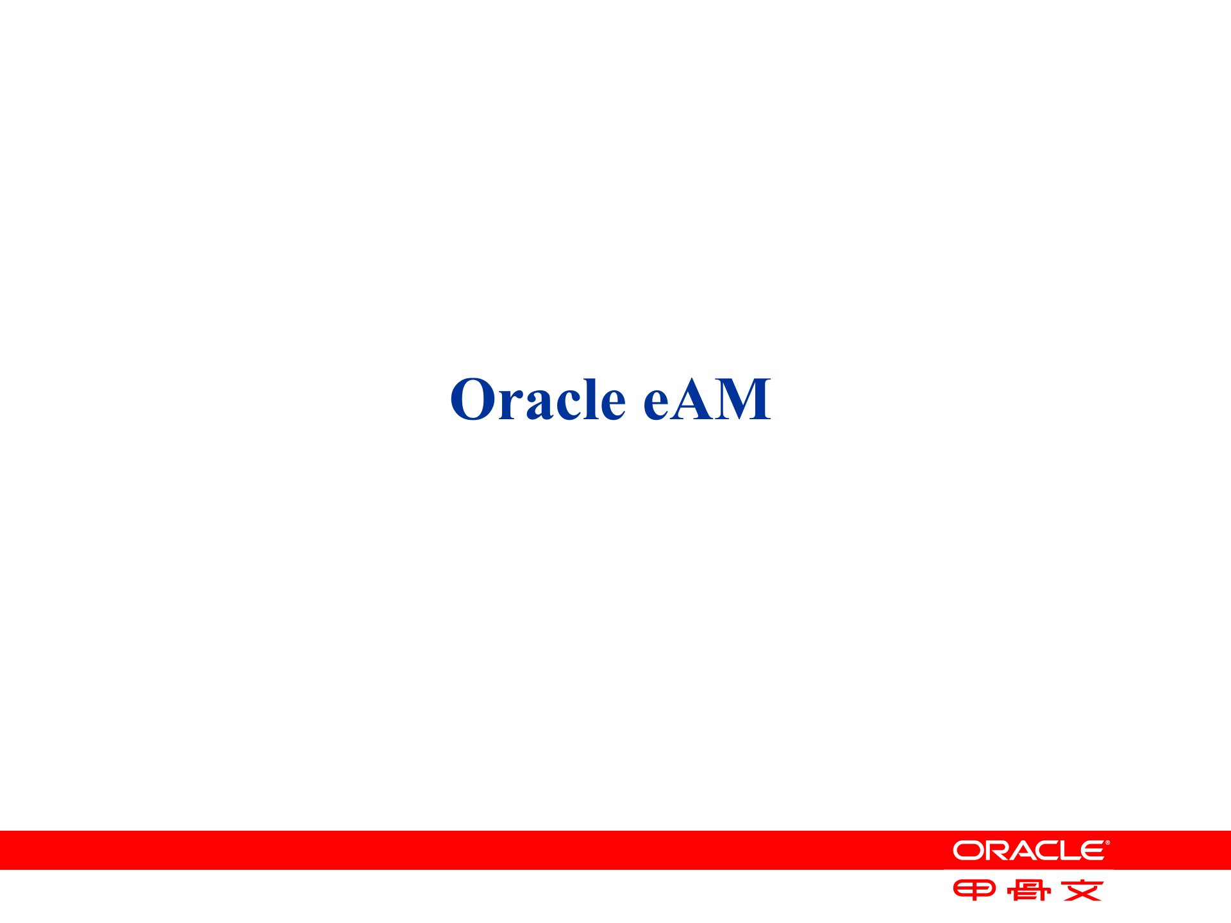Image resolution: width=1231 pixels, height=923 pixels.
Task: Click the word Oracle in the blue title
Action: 537,399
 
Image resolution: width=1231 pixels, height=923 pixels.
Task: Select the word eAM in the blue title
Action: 707,399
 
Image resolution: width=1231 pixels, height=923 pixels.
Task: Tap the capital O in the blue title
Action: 473,399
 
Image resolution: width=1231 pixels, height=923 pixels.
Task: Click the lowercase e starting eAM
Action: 657,404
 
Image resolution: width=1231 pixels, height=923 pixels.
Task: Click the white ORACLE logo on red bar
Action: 1030,851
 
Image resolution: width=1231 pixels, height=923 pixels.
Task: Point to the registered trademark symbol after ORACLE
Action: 1107,843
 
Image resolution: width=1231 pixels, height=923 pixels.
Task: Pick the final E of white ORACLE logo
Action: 1091,851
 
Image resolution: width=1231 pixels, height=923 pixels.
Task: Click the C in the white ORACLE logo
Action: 1043,851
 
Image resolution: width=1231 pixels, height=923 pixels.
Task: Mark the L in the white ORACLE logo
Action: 1068,851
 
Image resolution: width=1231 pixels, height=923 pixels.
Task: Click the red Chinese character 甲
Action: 974,890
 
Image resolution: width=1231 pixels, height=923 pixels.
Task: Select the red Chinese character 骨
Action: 1028,890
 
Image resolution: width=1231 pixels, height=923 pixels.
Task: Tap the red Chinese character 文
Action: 1082,890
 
